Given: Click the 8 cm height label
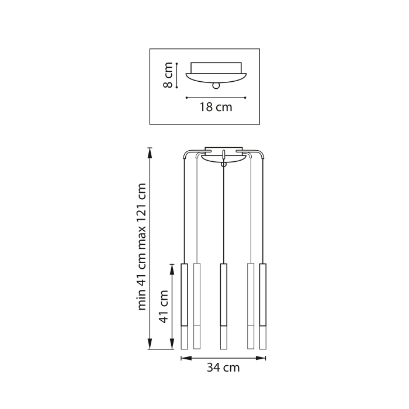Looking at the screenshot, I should pos(168,76).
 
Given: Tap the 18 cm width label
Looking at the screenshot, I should pos(216,107).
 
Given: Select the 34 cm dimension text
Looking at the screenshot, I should pos(223,368).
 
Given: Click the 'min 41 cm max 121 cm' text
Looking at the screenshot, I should pos(141,247).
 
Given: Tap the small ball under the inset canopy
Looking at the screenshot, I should pos(217,85).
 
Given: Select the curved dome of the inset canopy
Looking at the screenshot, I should pos(217,75).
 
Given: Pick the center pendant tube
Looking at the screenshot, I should pos(223,306).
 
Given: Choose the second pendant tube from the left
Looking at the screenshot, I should pos(197,306).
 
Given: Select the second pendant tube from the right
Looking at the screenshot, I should pos(251,306).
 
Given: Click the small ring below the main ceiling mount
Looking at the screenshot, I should pos(223,165).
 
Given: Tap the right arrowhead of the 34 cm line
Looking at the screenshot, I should pos(264,358).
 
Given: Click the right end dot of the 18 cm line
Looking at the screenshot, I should pos(246,98).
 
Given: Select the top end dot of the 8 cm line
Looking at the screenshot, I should pos(176,63).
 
